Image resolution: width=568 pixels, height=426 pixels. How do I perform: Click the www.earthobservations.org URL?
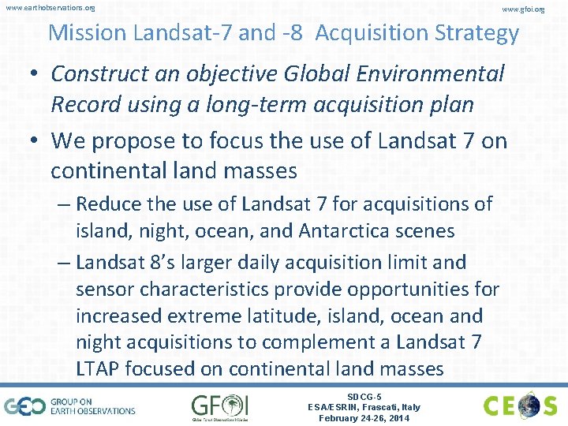[50, 8]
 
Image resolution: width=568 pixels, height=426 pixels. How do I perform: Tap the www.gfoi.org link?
[523, 9]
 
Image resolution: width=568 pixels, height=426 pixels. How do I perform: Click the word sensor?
[105, 290]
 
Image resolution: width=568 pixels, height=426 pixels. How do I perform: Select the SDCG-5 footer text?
[364, 397]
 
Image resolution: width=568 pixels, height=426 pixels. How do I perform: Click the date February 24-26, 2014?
[364, 418]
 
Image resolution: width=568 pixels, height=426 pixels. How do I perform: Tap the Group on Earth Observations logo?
[70, 406]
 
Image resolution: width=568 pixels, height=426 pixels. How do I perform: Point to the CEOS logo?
[521, 406]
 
